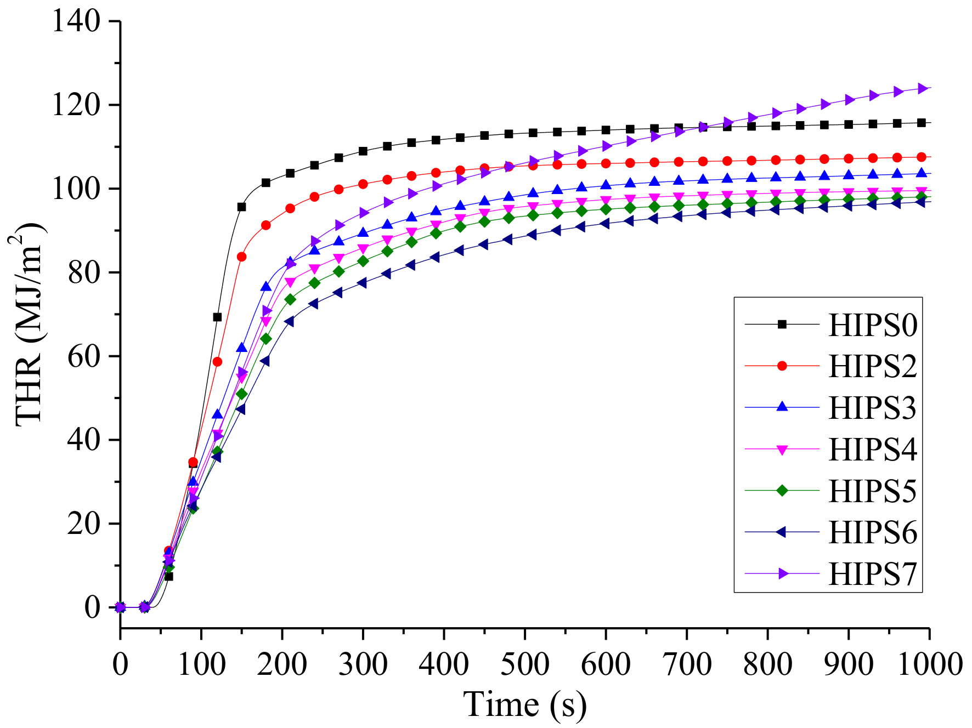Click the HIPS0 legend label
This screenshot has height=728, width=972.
[872, 325]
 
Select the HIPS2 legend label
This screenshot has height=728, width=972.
[872, 366]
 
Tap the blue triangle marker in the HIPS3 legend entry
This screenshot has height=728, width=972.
[782, 407]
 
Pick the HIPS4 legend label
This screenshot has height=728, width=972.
[872, 450]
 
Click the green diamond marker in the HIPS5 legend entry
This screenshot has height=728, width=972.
[782, 491]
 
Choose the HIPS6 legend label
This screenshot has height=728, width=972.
[872, 532]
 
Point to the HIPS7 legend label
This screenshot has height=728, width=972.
[872, 574]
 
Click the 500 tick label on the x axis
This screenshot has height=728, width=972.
[524, 664]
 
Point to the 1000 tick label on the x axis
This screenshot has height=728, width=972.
[929, 664]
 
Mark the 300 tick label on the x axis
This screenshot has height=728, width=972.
[363, 664]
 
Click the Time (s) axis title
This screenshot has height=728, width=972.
[524, 704]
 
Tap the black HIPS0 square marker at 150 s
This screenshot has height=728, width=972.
[241, 207]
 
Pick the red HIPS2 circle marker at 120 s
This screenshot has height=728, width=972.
[217, 362]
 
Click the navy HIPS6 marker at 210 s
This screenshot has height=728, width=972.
[289, 322]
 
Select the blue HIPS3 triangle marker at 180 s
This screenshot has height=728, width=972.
[265, 287]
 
